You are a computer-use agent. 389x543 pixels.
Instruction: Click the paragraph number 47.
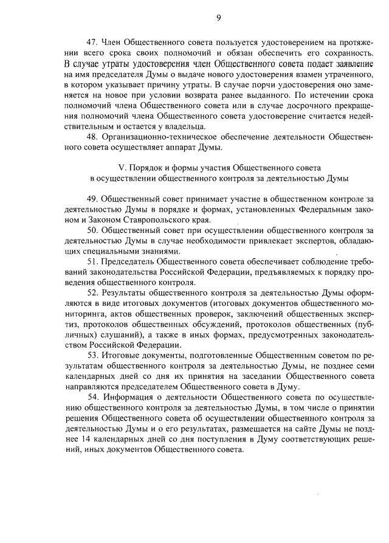click(92, 43)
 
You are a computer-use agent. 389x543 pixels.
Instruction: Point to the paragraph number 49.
click(92, 199)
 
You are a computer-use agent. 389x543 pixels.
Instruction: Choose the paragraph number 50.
click(92, 230)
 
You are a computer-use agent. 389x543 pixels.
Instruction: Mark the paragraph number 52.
click(92, 292)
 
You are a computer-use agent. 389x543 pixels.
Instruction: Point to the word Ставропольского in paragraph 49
click(141, 220)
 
